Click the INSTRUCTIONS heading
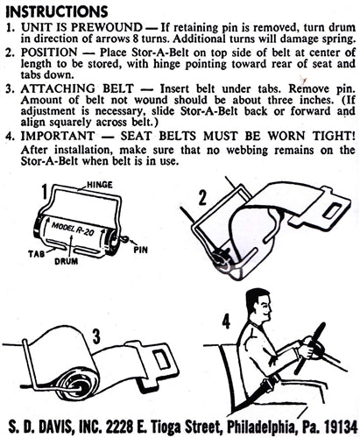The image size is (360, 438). coord(57,11)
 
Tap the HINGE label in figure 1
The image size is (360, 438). coord(100,185)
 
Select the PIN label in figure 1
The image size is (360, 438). coord(140,250)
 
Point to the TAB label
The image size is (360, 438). coord(36,253)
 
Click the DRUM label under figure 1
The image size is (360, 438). coord(67,261)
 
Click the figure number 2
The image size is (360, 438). coord(202,196)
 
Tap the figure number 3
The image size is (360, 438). coord(96,336)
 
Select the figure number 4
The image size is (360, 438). coord(226,322)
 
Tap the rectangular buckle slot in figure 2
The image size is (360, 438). coord(332,210)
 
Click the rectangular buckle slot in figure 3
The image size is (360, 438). coord(162,359)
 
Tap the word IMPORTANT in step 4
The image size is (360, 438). coord(58,136)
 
